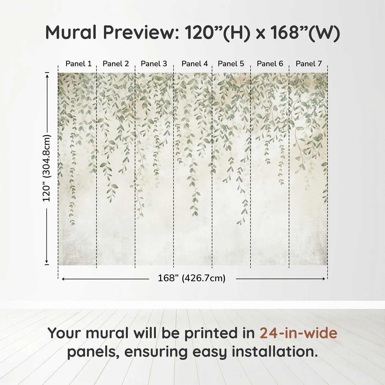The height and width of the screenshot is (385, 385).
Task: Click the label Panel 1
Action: pos(78,64)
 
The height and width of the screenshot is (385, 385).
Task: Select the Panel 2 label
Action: pos(116,64)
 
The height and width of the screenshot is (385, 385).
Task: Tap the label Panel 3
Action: pos(154,64)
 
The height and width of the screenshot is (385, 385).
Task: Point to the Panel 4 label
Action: pos(194,64)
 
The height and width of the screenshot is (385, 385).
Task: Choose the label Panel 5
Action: pos(231,64)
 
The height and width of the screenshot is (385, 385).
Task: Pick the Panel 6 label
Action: pos(270,64)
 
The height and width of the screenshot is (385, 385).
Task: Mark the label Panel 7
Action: pos(309,64)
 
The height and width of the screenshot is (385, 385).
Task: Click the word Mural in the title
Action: pos(71,32)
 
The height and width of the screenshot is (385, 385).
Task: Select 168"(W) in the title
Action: pos(305,32)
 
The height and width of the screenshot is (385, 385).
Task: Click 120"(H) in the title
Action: pos(218,32)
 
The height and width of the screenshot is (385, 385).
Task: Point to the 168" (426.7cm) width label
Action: pos(191,278)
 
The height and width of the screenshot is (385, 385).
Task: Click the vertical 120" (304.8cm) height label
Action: pos(47,168)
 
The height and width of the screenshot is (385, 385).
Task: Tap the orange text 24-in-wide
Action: pos(298,333)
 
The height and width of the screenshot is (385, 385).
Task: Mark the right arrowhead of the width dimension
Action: pos(324,279)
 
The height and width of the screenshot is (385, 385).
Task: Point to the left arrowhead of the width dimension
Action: pos(63,279)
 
